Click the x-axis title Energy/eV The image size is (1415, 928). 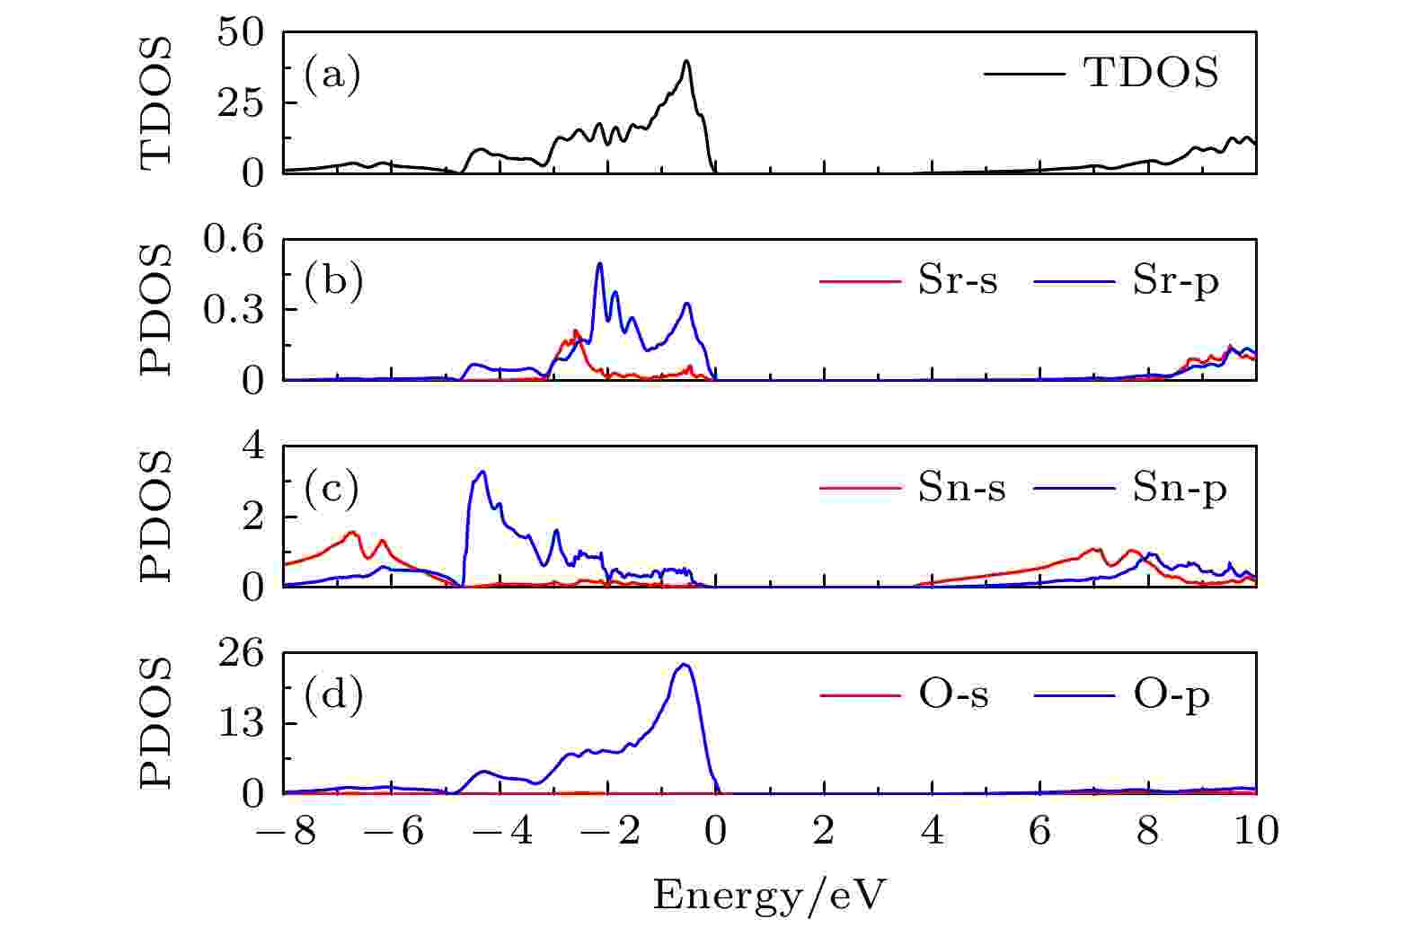click(x=769, y=895)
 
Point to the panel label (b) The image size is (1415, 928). click(x=333, y=281)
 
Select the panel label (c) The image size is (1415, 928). click(x=332, y=488)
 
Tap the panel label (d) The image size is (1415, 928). click(x=333, y=694)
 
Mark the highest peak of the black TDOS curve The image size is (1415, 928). click(x=686, y=61)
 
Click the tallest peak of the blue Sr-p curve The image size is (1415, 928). click(x=599, y=263)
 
